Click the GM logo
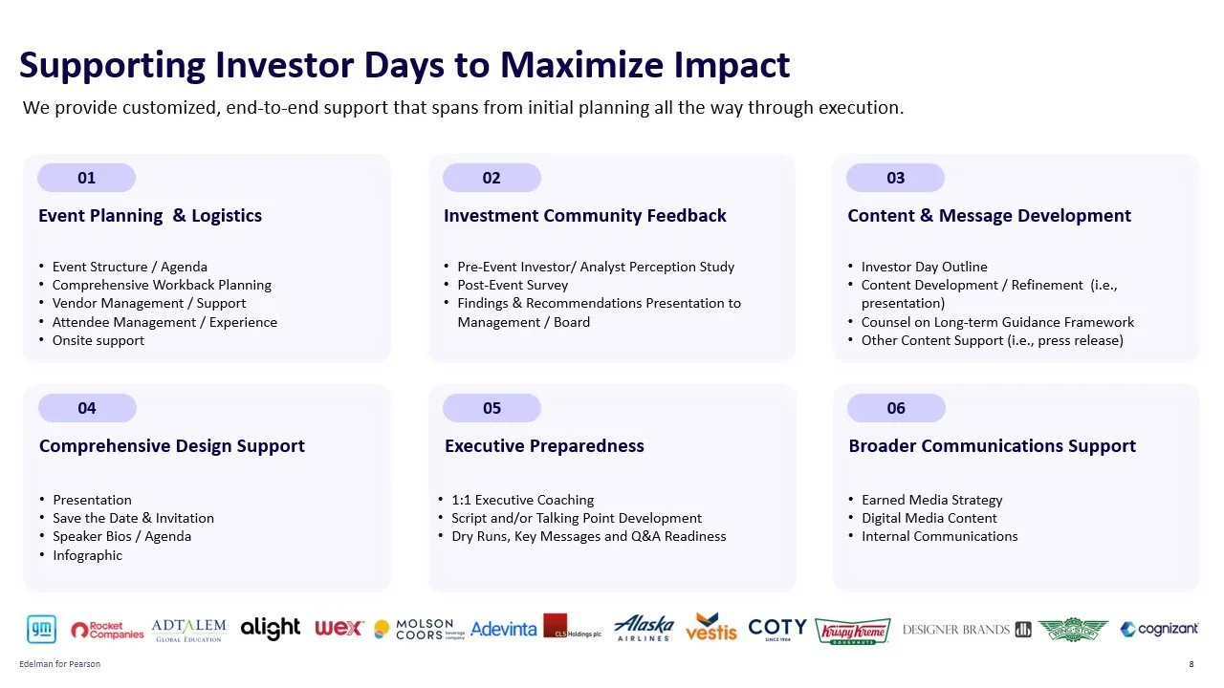(x=41, y=629)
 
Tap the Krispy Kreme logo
(x=852, y=632)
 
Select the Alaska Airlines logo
(x=644, y=628)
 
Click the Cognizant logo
(x=1159, y=629)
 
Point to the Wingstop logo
(x=1073, y=630)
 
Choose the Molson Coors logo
(x=419, y=629)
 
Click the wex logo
(x=339, y=629)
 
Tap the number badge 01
(x=86, y=178)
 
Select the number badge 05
(x=492, y=408)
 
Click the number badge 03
(x=896, y=178)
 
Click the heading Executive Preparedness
(x=544, y=445)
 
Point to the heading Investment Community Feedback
(x=584, y=215)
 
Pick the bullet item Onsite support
(x=98, y=340)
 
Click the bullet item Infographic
(x=87, y=555)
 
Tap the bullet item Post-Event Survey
(x=513, y=285)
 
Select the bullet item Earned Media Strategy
(x=932, y=500)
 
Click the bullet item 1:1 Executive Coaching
(x=522, y=500)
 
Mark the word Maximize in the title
(x=581, y=64)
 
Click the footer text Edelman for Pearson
(x=59, y=664)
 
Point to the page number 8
(x=1191, y=664)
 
